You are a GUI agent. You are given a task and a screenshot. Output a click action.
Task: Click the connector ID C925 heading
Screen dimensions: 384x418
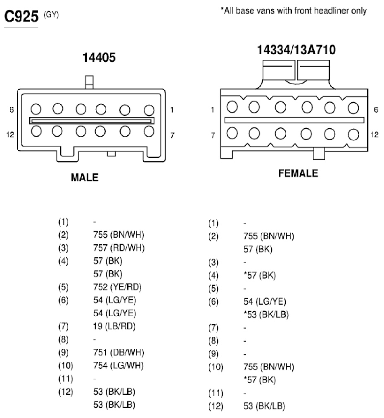[21, 16]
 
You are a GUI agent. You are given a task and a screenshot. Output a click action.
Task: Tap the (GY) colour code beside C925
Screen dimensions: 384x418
[51, 14]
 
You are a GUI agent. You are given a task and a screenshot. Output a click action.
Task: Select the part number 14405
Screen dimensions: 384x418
[99, 58]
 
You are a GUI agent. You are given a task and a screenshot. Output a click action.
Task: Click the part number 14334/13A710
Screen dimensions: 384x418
[296, 50]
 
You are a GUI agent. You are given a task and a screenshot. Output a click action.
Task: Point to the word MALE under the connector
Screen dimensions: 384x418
[85, 178]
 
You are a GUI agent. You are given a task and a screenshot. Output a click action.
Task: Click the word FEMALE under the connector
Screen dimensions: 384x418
[298, 173]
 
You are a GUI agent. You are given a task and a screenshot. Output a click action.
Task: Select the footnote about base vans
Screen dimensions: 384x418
[294, 11]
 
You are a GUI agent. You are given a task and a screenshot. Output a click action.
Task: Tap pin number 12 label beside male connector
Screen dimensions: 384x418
[10, 135]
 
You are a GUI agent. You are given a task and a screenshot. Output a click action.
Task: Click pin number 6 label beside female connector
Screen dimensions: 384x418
[376, 110]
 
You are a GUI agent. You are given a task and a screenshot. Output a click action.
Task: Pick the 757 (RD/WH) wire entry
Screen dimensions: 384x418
[119, 248]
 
